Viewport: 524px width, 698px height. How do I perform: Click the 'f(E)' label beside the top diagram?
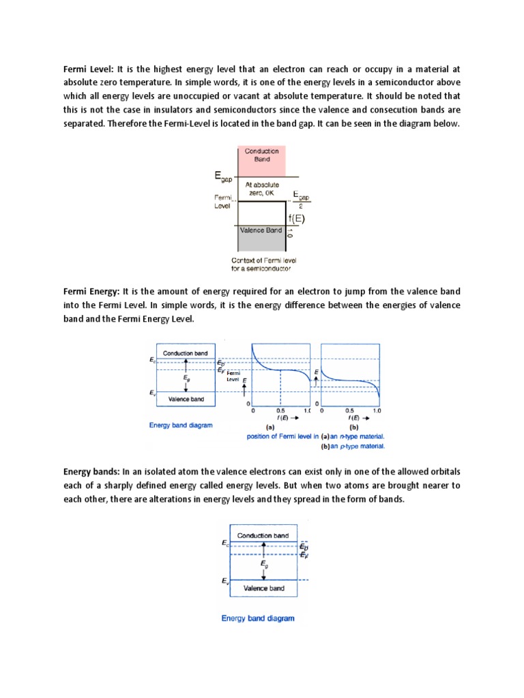(295, 219)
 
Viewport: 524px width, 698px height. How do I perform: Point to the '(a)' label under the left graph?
(270, 426)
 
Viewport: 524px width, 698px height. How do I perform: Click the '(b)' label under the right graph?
(353, 426)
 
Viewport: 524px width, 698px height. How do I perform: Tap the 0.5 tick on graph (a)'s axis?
(280, 411)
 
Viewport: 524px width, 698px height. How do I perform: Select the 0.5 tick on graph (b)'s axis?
(349, 411)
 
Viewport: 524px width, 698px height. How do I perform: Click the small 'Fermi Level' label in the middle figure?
(233, 376)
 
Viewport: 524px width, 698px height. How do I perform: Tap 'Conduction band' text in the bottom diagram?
(263, 535)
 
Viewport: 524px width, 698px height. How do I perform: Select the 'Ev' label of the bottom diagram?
(224, 581)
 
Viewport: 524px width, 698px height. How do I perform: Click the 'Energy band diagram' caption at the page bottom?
(258, 618)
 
